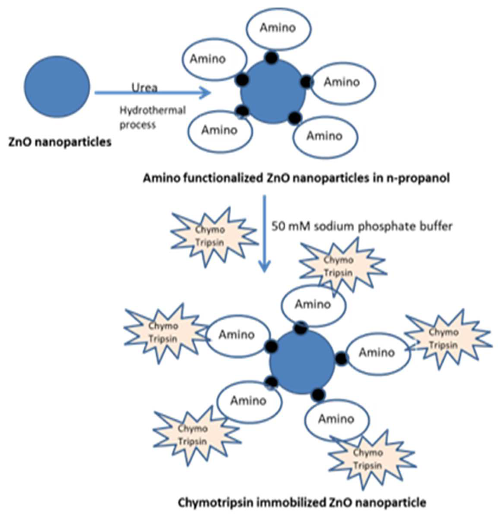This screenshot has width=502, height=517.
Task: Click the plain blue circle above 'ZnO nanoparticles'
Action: point(57,87)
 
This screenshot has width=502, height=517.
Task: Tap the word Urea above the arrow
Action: point(144,88)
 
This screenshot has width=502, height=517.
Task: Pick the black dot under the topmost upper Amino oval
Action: point(271,58)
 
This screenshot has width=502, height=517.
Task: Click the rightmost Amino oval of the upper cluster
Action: point(342,82)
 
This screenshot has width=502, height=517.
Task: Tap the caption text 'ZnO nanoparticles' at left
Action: point(60,143)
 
